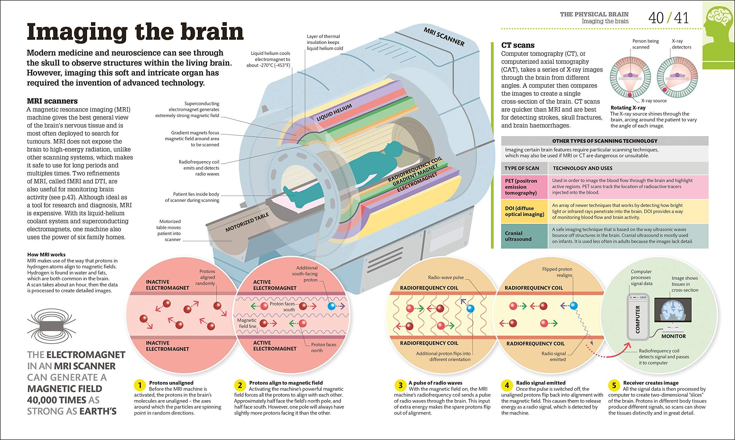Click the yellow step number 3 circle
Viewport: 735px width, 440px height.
400,385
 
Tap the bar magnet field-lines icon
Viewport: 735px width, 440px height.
51,325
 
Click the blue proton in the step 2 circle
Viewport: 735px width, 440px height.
332,306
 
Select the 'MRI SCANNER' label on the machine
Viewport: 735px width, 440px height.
444,37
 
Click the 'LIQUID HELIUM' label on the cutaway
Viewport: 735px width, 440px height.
334,112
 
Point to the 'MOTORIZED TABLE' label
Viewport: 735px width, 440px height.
247,222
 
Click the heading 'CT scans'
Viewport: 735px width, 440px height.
518,45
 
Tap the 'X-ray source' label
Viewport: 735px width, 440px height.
654,101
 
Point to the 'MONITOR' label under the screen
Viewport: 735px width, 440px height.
673,336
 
